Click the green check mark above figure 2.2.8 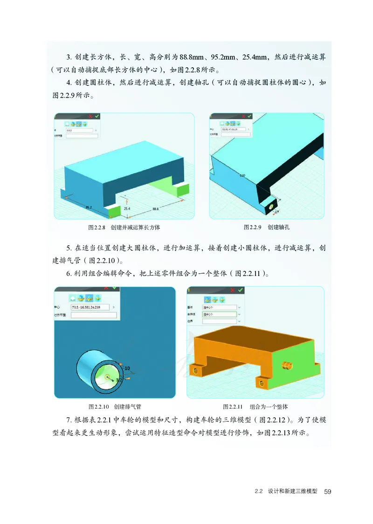(x=97, y=116)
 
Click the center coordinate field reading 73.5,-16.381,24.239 (x=90, y=307)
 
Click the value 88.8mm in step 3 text (x=193, y=57)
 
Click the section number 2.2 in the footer (x=259, y=492)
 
